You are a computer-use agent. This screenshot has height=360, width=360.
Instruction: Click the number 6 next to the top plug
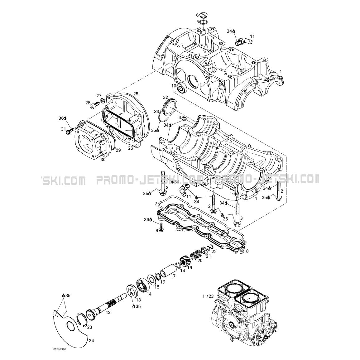coord(197,15)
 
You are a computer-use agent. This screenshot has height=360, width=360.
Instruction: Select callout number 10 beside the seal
coord(174,86)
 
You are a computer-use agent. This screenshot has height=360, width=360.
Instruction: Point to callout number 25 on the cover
coord(136,94)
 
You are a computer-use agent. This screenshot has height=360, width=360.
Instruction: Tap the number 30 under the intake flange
coord(103,159)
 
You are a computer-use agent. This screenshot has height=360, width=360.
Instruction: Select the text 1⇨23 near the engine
coord(208,296)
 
